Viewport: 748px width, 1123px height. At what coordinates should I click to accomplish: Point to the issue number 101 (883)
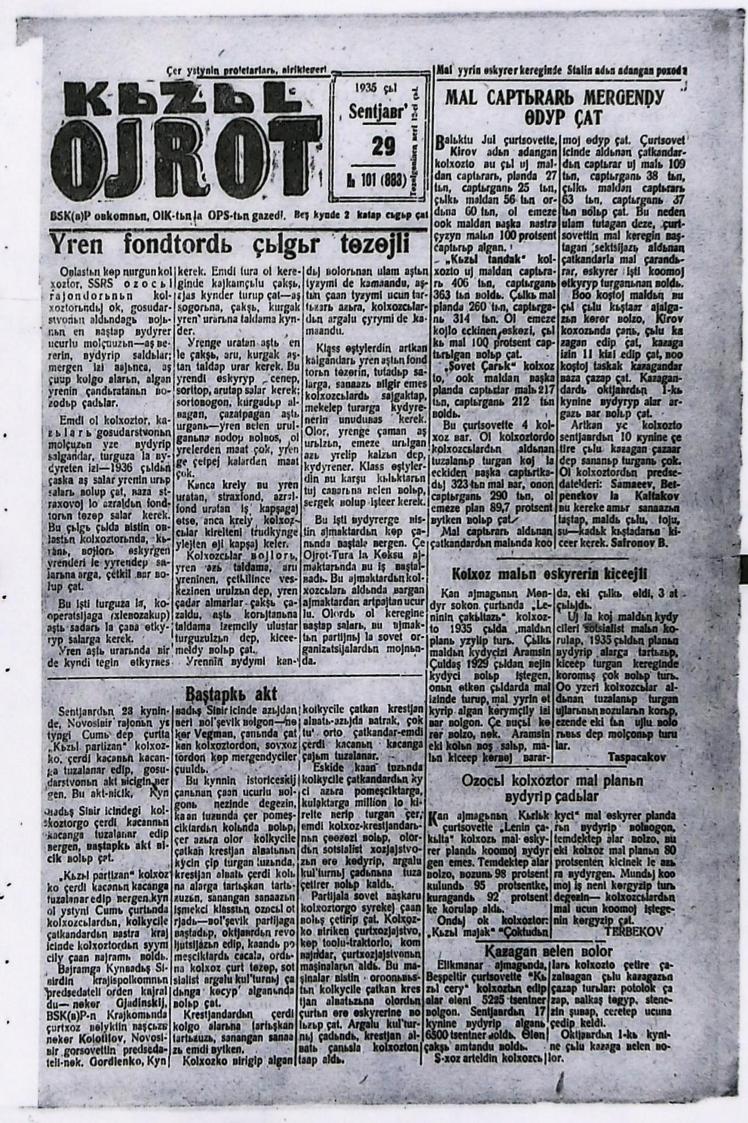tap(377, 180)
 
